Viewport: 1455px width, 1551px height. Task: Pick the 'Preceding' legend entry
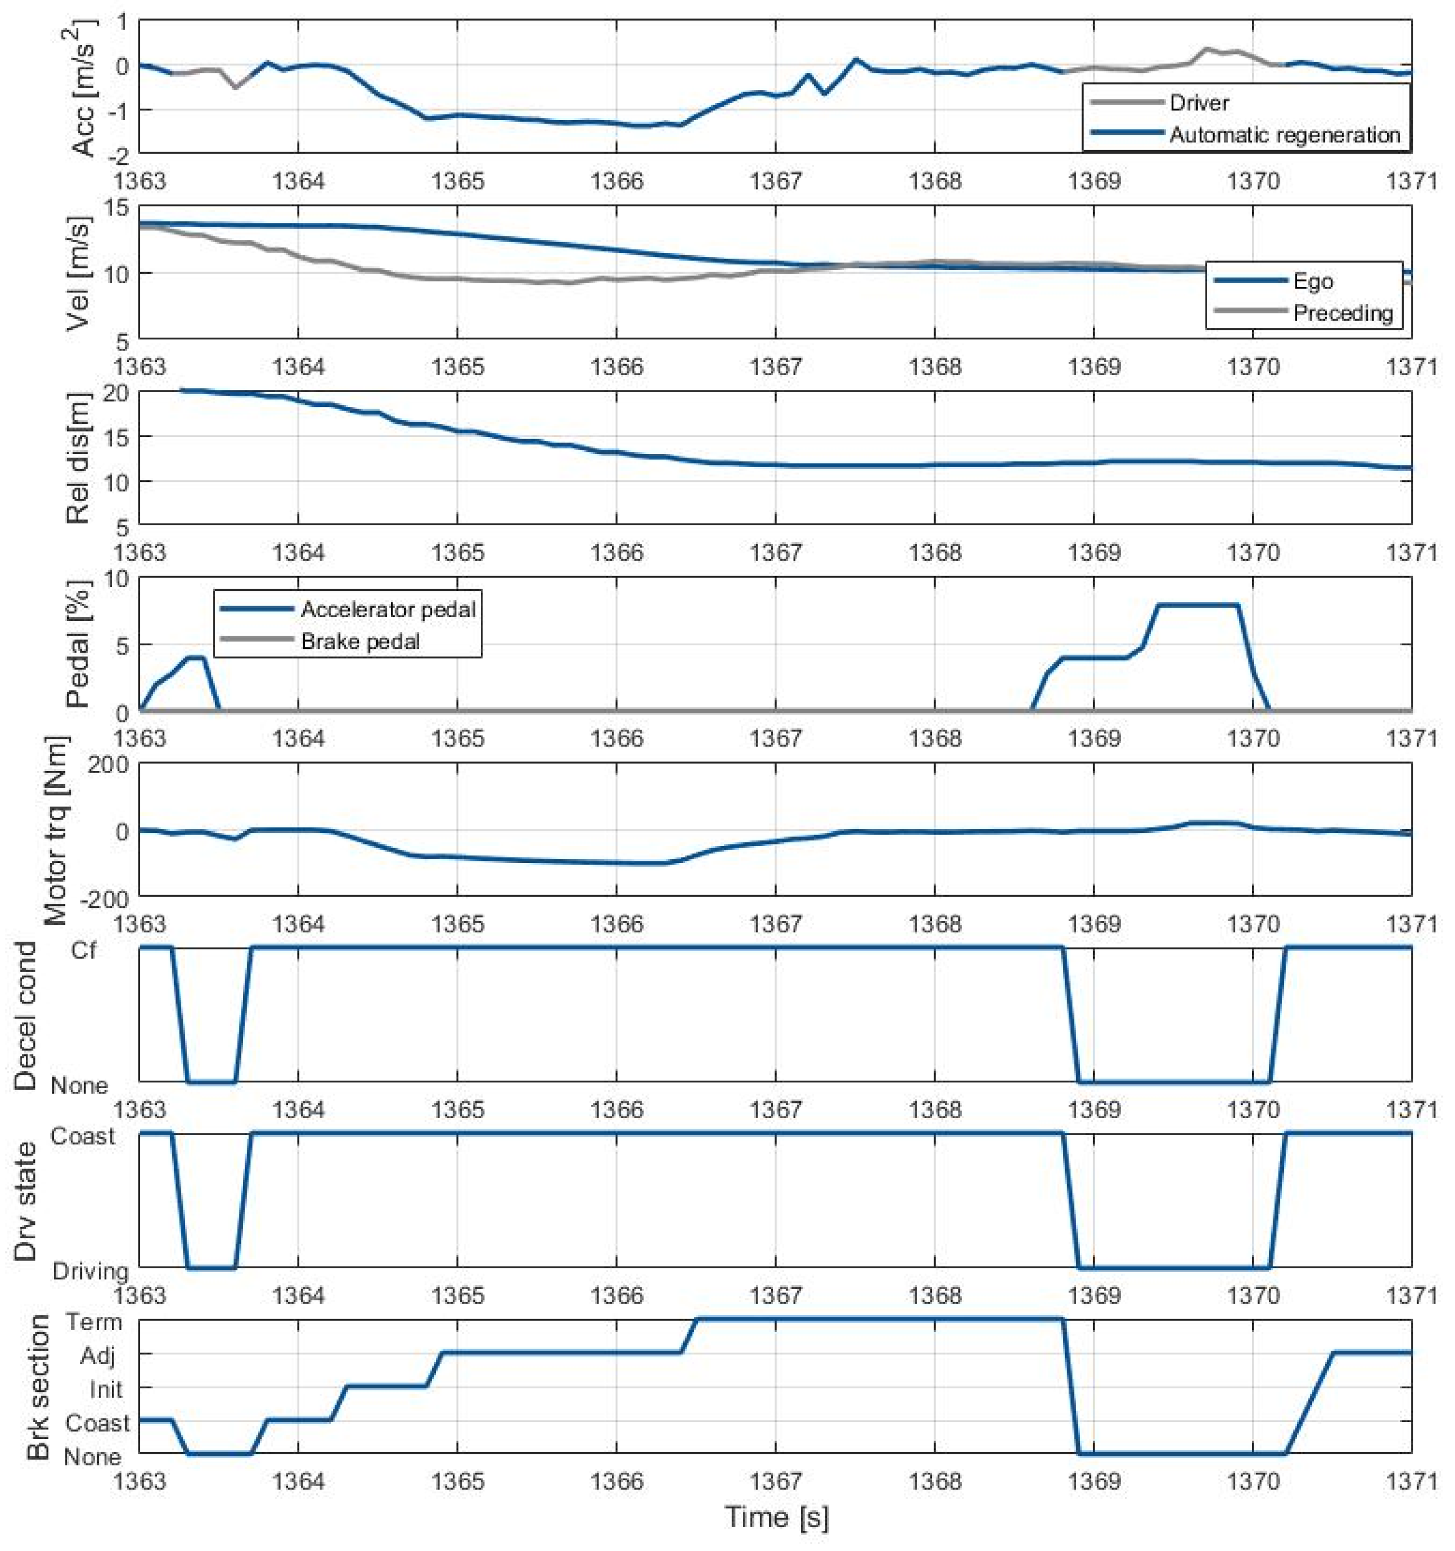[x=1342, y=313]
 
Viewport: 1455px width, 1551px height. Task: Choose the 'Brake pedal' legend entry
[x=360, y=642]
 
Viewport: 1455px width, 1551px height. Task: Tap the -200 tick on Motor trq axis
[x=105, y=899]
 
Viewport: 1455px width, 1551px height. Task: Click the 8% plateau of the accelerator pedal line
[x=1197, y=605]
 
